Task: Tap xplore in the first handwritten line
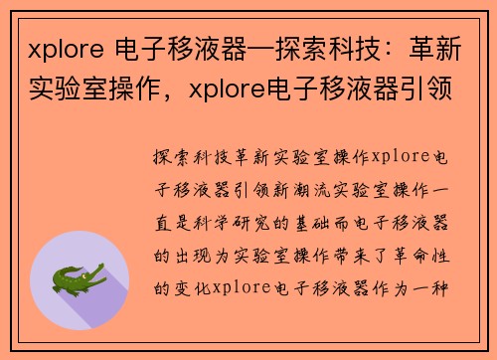pos(402,158)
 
